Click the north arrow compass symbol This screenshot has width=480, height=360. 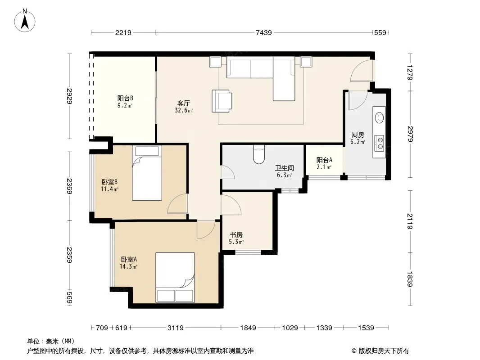(25, 21)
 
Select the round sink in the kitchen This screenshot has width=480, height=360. (380, 117)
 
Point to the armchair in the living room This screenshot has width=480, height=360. (222, 101)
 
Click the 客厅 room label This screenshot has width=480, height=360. (183, 103)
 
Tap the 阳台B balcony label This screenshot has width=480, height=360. (125, 98)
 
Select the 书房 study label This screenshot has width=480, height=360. (236, 234)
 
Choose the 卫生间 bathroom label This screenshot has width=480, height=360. (285, 168)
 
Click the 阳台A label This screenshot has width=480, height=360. (324, 160)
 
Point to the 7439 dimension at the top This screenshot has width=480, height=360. (263, 32)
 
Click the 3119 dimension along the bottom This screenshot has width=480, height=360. (176, 328)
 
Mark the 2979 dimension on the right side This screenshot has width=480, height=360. (410, 134)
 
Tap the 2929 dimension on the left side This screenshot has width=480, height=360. (70, 96)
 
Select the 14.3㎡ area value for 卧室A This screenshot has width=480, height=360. (128, 266)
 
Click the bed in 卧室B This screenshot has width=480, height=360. (147, 173)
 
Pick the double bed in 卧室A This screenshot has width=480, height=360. (175, 277)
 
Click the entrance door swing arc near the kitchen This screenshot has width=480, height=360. (361, 70)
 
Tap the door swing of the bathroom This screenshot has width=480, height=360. (228, 172)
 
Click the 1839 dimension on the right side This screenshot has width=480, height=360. (410, 279)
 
